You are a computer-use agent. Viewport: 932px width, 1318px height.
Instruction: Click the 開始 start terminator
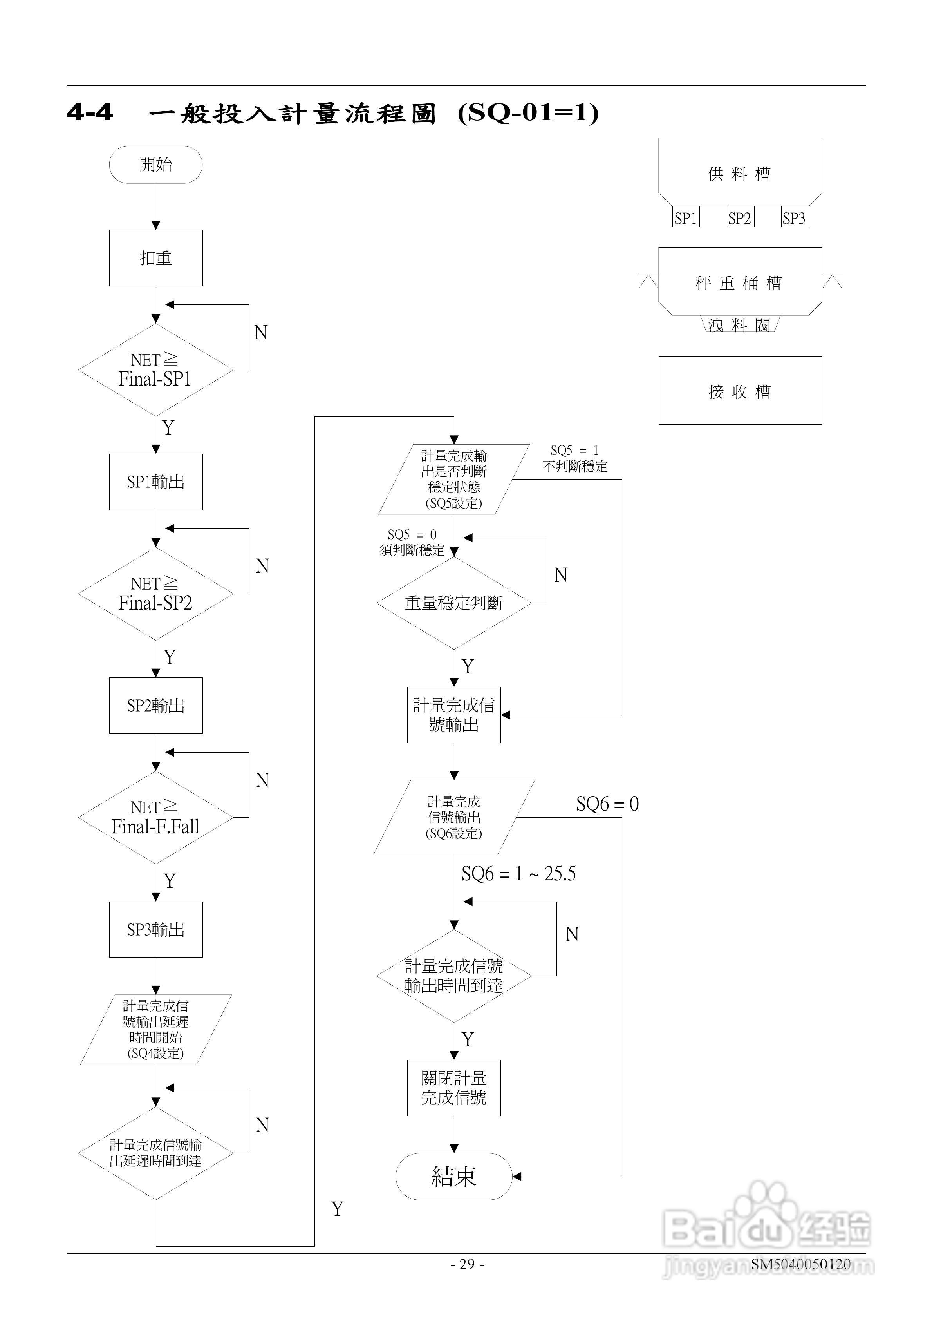155,165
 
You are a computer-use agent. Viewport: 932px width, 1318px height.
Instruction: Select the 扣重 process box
155,258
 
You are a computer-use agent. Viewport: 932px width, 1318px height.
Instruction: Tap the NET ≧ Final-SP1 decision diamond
155,370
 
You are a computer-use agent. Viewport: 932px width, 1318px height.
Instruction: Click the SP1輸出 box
155,482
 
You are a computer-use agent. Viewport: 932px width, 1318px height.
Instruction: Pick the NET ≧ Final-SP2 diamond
155,594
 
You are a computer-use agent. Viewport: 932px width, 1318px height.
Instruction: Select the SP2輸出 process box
155,706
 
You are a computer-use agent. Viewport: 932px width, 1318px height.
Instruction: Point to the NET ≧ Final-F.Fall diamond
155,817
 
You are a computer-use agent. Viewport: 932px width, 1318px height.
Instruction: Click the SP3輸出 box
155,929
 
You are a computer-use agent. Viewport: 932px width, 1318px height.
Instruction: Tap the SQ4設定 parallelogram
155,1030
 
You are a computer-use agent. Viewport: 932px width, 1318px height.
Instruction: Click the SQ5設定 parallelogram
453,479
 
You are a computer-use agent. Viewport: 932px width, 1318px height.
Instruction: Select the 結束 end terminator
453,1176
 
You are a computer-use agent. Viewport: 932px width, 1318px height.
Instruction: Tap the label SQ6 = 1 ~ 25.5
518,874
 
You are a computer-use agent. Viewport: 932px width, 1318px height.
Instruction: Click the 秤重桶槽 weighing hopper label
739,283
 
